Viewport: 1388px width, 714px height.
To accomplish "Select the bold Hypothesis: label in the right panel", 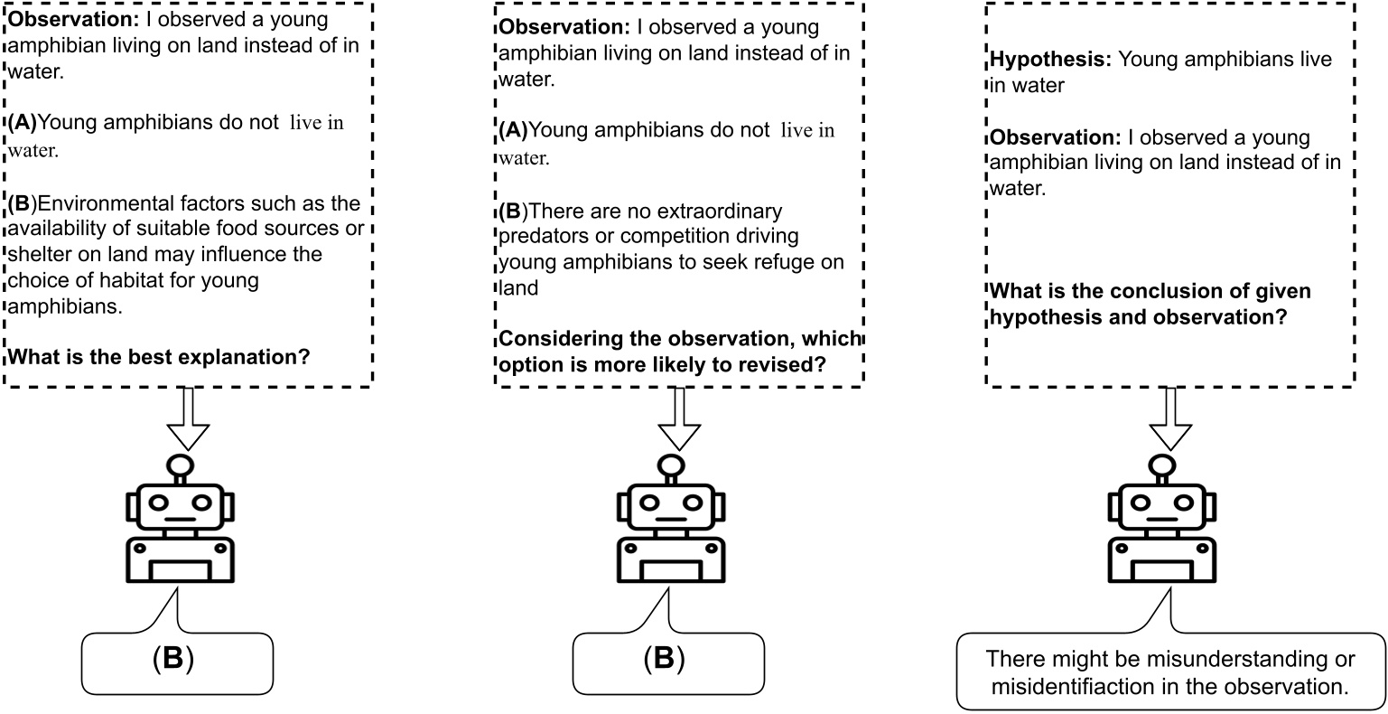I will pos(1050,61).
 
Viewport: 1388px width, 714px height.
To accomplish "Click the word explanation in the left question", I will pos(201,356).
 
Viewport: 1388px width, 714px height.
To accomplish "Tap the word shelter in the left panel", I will pos(36,255).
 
